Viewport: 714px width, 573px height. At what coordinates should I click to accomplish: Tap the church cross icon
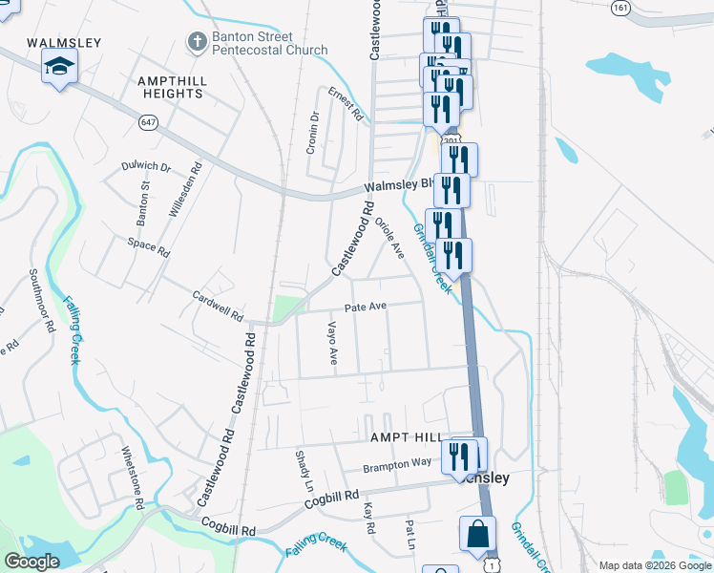[x=197, y=43]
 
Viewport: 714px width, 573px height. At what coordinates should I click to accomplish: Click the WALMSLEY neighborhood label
[x=64, y=43]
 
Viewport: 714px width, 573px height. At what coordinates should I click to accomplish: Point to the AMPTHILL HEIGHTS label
[x=171, y=88]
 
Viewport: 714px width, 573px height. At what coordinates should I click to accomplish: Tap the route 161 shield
[x=621, y=7]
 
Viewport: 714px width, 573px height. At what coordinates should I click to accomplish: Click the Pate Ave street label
[x=365, y=308]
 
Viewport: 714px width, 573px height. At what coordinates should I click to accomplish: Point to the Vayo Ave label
[x=333, y=343]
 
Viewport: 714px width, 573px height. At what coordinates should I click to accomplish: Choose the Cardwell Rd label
[x=218, y=306]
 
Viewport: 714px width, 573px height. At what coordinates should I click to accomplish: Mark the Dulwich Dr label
[x=145, y=166]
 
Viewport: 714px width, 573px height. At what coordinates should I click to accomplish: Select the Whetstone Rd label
[x=131, y=475]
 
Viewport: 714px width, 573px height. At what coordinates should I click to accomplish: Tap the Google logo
[x=31, y=562]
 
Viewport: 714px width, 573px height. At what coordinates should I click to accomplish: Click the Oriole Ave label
[x=390, y=239]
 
